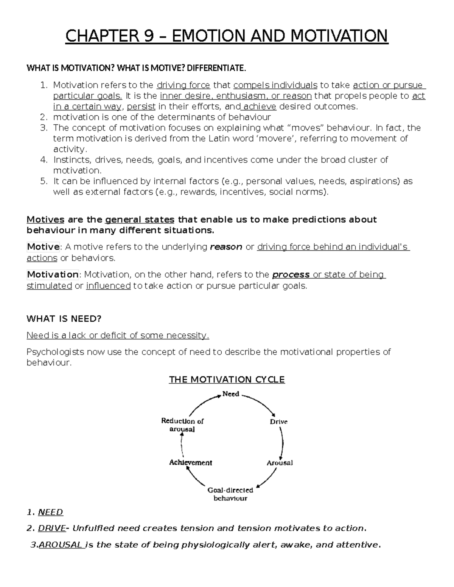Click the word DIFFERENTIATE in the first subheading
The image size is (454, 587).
click(216, 68)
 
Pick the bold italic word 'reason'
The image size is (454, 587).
click(226, 247)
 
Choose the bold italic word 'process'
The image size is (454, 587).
click(291, 275)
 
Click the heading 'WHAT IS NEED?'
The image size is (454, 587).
click(64, 319)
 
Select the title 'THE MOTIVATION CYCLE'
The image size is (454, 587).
click(227, 379)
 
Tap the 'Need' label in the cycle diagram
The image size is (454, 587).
click(230, 394)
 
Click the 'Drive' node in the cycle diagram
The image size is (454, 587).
click(278, 421)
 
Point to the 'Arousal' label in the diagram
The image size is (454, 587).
click(280, 463)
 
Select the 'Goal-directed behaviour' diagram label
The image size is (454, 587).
click(230, 494)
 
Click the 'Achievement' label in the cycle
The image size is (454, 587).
click(190, 462)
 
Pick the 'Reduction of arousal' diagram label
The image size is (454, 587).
click(182, 425)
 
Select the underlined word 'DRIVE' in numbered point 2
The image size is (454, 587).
click(52, 528)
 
